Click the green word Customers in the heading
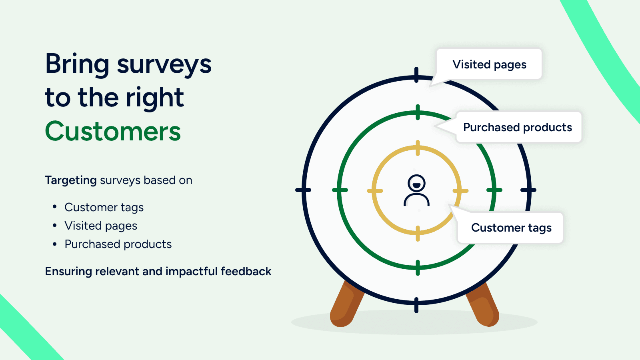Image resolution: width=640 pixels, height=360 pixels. [x=113, y=131]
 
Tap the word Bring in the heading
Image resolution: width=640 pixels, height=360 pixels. [x=77, y=64]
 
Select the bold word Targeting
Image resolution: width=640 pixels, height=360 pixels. [x=70, y=180]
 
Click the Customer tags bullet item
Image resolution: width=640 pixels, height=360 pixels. [x=104, y=208]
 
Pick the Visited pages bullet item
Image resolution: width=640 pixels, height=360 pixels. [x=101, y=226]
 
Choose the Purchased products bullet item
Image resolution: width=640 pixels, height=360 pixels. [x=118, y=244]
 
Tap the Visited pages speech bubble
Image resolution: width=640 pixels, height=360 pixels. [x=489, y=64]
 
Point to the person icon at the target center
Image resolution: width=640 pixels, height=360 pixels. [x=416, y=190]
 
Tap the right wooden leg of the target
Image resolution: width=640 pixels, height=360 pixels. [x=483, y=304]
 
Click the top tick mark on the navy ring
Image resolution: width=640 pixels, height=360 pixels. [x=416, y=75]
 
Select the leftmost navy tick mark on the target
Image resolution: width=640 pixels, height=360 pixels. [x=303, y=190]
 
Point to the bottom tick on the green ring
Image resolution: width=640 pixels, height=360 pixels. [x=418, y=268]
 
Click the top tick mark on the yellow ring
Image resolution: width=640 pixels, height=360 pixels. [x=418, y=148]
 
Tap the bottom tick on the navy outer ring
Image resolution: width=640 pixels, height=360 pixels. [x=416, y=305]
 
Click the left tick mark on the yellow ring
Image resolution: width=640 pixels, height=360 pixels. [x=375, y=190]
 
